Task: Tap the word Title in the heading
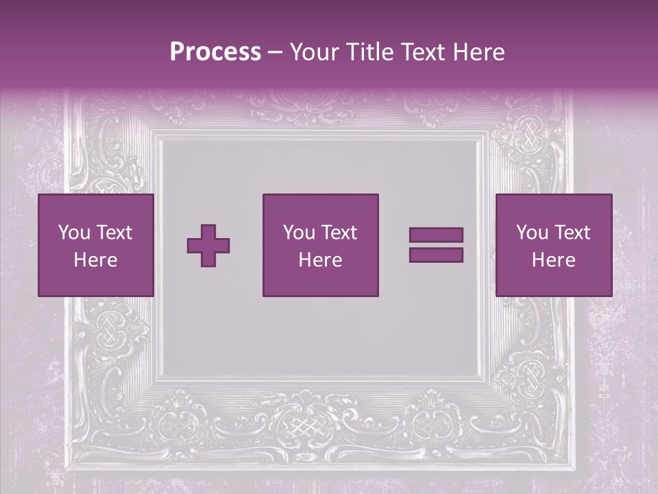point(367,53)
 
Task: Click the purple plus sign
point(208,246)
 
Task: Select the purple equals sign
point(436,245)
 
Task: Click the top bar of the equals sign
point(436,235)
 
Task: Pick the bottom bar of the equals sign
point(436,255)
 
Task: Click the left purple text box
point(95,245)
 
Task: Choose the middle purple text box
point(320,245)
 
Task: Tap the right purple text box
point(553,245)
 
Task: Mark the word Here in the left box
point(95,260)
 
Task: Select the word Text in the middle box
point(339,233)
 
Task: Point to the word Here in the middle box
point(320,260)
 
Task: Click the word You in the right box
point(532,233)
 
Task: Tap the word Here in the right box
point(553,260)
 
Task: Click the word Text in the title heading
point(420,53)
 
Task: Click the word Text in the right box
point(572,233)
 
